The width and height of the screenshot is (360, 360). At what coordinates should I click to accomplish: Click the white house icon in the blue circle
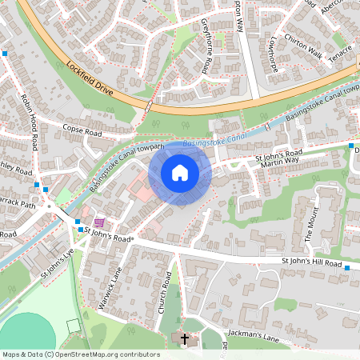(x=179, y=172)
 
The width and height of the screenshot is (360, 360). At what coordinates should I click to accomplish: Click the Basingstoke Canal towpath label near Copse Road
(x=126, y=166)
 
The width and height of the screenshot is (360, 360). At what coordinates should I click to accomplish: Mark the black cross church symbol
(x=185, y=339)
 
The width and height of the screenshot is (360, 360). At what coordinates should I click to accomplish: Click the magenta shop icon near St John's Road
(x=99, y=222)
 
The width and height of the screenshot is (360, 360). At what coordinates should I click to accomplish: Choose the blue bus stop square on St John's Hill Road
(x=347, y=268)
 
